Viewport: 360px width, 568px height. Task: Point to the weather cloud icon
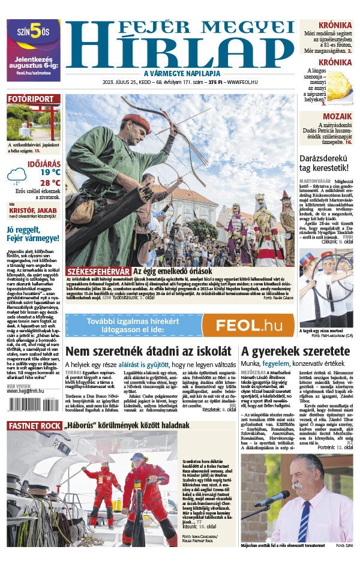pyautogui.click(x=16, y=175)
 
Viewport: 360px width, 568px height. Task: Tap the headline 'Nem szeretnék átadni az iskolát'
pyautogui.click(x=148, y=351)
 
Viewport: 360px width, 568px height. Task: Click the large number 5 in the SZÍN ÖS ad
pyautogui.click(x=35, y=32)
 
